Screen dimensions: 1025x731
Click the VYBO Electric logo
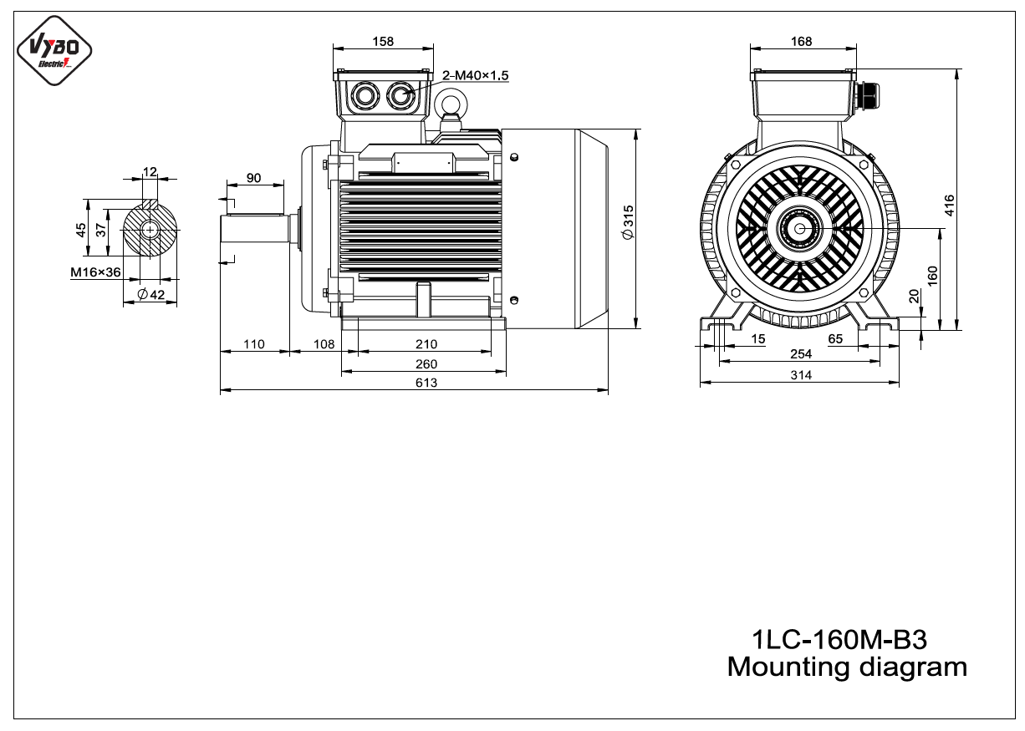54,50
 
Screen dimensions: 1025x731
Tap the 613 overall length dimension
426,383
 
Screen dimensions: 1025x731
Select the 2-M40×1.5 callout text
476,75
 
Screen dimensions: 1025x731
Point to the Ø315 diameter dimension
628,222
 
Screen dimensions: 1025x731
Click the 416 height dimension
950,206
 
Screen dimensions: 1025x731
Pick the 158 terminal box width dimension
383,42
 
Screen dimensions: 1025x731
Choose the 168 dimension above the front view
801,42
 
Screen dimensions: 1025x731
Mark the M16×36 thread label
95,272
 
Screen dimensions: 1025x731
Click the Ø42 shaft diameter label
151,294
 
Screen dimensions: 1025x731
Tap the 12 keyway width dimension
150,172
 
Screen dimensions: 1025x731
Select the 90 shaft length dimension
253,178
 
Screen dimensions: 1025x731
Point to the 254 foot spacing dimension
801,354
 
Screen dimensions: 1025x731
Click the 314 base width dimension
801,375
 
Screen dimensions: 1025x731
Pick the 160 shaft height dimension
932,276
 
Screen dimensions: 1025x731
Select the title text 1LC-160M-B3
839,640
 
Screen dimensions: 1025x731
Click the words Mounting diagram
847,668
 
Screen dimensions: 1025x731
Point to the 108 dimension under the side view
324,344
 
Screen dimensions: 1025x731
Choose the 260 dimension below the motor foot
426,364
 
